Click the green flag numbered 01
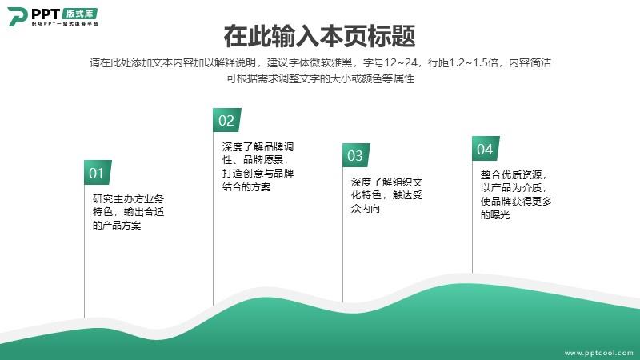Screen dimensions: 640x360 [x=98, y=173]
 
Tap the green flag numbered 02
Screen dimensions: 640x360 [x=226, y=120]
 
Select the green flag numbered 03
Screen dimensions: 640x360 [x=356, y=155]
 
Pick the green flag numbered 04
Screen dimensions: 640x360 [x=486, y=149]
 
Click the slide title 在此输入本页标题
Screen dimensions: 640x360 [x=319, y=36]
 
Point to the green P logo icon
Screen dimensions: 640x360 [x=17, y=16]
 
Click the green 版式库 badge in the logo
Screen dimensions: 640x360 [x=80, y=14]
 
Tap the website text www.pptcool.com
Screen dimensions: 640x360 [x=598, y=353]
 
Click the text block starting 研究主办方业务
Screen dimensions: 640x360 [x=128, y=212]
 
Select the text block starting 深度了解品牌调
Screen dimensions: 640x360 [x=258, y=166]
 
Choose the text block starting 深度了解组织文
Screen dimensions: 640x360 [x=386, y=195]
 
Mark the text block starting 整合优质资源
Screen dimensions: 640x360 [x=516, y=194]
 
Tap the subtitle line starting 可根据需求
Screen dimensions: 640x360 [x=321, y=78]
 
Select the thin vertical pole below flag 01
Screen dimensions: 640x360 [x=85, y=251]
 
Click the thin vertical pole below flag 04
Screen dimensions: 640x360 [x=472, y=217]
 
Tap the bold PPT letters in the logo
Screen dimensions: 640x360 [x=46, y=14]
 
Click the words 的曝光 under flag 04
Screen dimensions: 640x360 [x=495, y=214]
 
